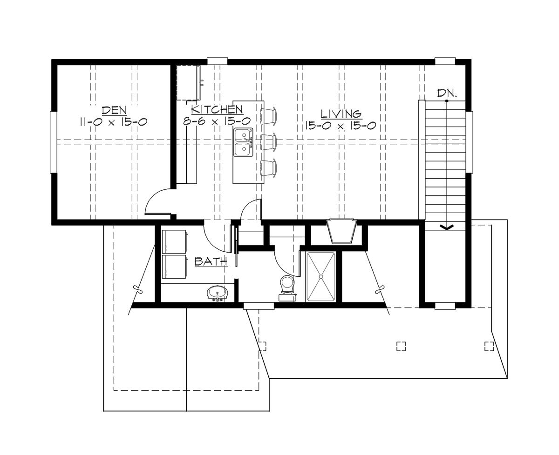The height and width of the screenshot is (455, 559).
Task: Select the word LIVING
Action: tap(341, 114)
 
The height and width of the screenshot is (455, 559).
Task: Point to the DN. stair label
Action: tap(447, 93)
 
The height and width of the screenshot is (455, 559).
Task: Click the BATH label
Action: tap(211, 262)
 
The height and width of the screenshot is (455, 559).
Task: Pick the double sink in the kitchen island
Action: tap(243, 142)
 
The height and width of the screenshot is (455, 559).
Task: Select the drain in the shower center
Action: tap(320, 277)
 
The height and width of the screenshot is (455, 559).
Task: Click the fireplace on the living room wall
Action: tap(342, 231)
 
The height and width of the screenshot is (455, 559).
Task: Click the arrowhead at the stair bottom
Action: tap(447, 227)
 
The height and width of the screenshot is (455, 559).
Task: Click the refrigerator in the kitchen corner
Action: tap(189, 83)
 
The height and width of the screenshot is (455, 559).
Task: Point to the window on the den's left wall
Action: tap(53, 142)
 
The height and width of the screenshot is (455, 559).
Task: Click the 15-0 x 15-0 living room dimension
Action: tap(341, 126)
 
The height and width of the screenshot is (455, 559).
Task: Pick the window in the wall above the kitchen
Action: tap(217, 60)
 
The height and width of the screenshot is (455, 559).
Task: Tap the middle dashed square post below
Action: tap(401, 346)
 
